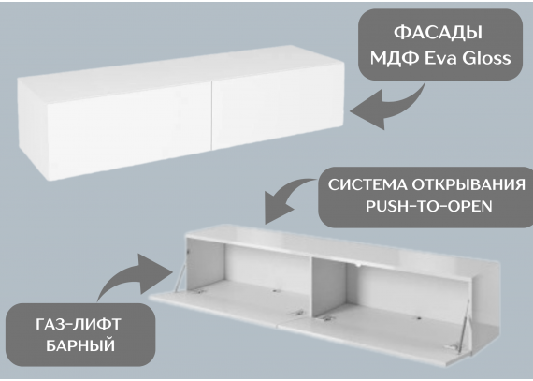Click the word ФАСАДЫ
point(438,33)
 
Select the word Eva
point(439,58)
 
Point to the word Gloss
point(486,58)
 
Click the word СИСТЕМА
point(367,185)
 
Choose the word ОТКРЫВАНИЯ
point(468,185)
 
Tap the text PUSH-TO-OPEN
point(429,206)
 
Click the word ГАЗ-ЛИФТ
point(79,324)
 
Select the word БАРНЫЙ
point(80,345)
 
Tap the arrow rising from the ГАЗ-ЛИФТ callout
point(136,274)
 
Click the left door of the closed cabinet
point(129,131)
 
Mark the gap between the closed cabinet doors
point(211,116)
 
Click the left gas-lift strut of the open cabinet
point(181,272)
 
